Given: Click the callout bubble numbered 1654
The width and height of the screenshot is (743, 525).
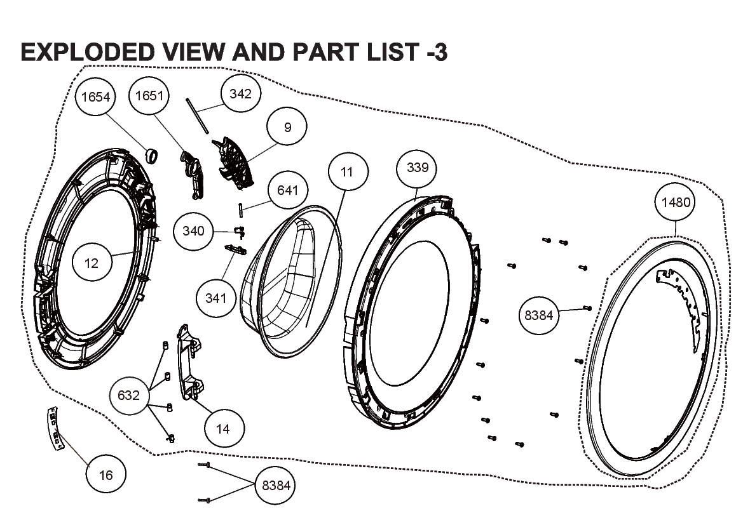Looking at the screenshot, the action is tap(96, 96).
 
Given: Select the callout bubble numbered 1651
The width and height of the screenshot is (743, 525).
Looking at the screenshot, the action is tap(149, 95).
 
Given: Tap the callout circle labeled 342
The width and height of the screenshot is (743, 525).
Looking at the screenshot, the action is tap(240, 93).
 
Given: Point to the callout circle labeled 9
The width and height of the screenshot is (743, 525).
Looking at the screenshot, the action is tap(287, 127).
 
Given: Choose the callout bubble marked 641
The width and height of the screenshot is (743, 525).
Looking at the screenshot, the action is tap(287, 190).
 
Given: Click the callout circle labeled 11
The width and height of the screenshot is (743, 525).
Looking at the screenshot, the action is tap(347, 171).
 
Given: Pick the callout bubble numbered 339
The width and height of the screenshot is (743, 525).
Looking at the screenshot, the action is tap(417, 168).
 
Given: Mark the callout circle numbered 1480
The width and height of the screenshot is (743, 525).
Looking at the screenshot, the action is tap(676, 202).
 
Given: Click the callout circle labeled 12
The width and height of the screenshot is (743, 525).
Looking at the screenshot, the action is tap(92, 263).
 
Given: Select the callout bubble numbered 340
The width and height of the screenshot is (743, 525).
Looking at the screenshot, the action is tap(193, 230).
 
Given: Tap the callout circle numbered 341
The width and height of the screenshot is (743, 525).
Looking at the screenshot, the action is tap(215, 298).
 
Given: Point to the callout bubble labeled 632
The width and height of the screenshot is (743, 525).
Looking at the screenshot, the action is tap(129, 395).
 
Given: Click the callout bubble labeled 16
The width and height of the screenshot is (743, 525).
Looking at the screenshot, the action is tap(106, 474).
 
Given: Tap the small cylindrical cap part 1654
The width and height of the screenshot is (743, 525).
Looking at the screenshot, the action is tap(151, 154).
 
